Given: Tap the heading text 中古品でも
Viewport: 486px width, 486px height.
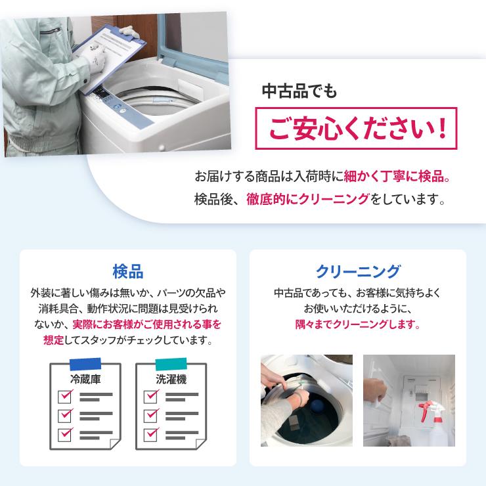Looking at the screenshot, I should (299, 91).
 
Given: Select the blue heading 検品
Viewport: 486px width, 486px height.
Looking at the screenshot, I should (128, 271).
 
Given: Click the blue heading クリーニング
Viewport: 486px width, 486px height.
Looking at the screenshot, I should (357, 271).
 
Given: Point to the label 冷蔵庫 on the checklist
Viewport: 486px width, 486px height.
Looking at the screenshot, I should (85, 380).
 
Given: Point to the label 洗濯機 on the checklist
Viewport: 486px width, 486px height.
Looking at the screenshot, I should (171, 380).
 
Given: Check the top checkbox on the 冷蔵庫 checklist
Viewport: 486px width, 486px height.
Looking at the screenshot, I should (65, 397).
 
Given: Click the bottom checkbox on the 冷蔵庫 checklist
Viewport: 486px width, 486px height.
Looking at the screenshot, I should (65, 434).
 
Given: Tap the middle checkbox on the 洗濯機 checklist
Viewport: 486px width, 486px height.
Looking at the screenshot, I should (151, 415).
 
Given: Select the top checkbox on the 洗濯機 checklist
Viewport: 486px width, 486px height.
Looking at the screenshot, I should (151, 397).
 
